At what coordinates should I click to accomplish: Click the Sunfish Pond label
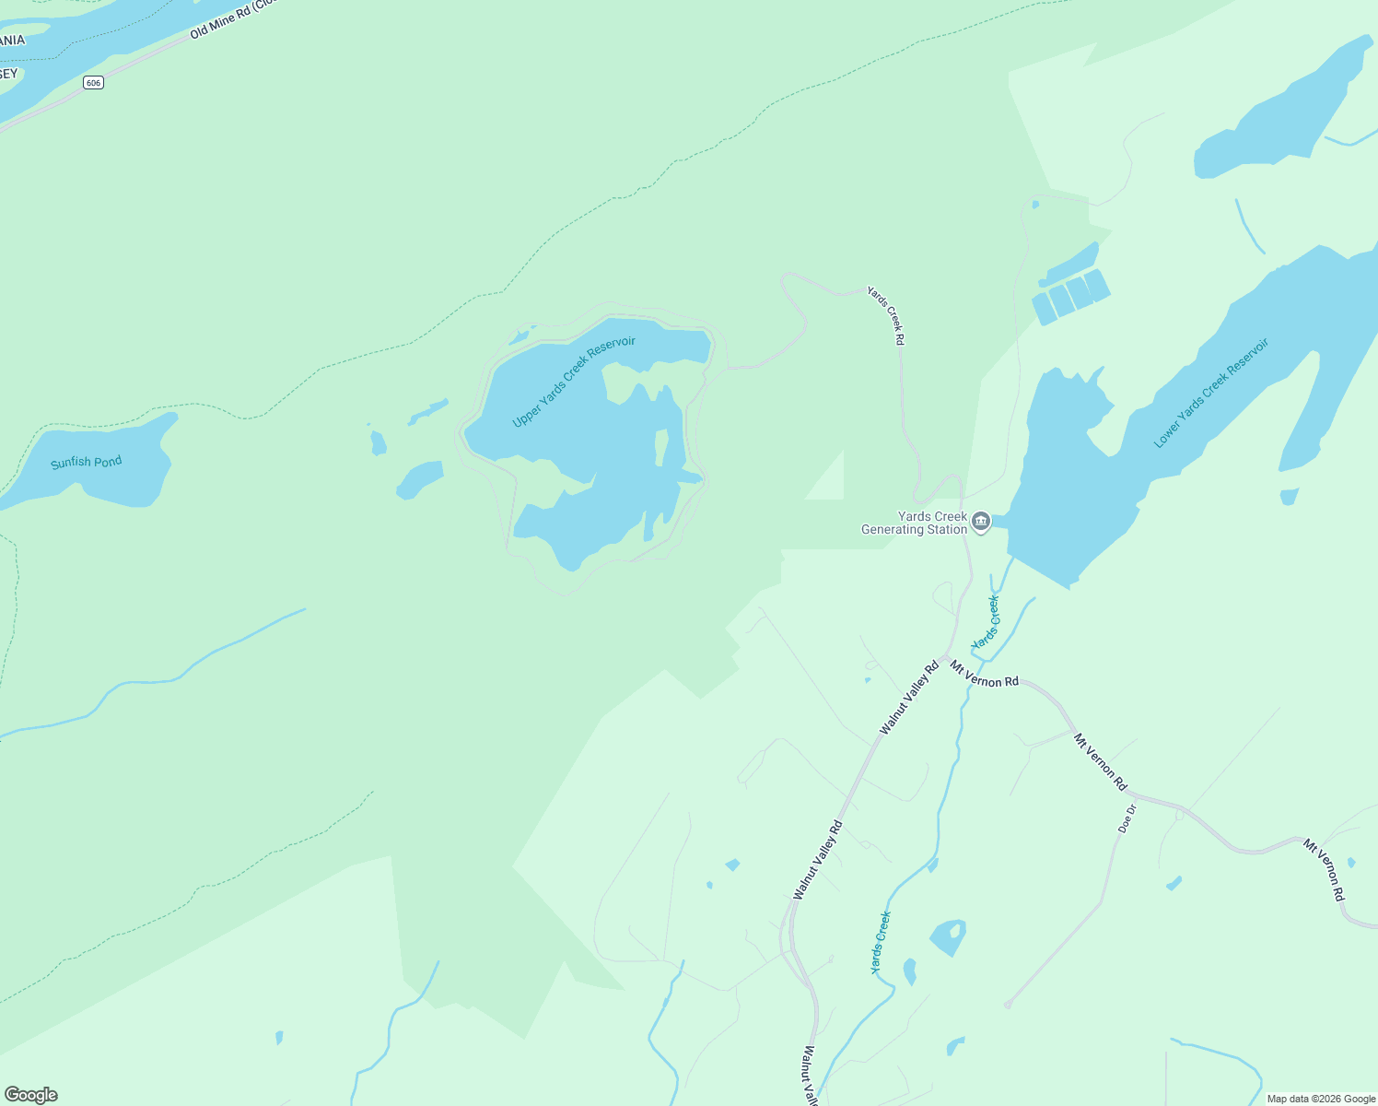pyautogui.click(x=86, y=462)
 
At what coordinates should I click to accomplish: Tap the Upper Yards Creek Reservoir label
pyautogui.click(x=574, y=382)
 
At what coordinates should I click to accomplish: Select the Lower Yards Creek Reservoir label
pyautogui.click(x=1211, y=393)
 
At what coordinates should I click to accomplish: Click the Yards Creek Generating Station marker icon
pyautogui.click(x=981, y=523)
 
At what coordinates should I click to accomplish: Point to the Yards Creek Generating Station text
pyautogui.click(x=914, y=523)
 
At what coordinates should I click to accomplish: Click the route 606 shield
pyautogui.click(x=92, y=83)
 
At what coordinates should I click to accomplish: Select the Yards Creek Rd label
pyautogui.click(x=886, y=315)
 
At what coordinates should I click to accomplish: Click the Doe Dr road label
pyautogui.click(x=1127, y=818)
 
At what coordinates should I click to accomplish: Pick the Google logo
pyautogui.click(x=31, y=1094)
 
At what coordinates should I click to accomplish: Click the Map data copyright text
pyautogui.click(x=1321, y=1099)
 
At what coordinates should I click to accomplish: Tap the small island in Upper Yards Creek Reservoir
pyautogui.click(x=660, y=447)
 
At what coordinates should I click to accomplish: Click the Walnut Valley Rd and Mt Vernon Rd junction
pyautogui.click(x=945, y=657)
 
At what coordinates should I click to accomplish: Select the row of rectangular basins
pyautogui.click(x=1070, y=296)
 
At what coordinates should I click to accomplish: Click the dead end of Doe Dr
pyautogui.click(x=1008, y=1004)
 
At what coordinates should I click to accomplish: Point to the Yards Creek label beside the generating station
pyautogui.click(x=986, y=622)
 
